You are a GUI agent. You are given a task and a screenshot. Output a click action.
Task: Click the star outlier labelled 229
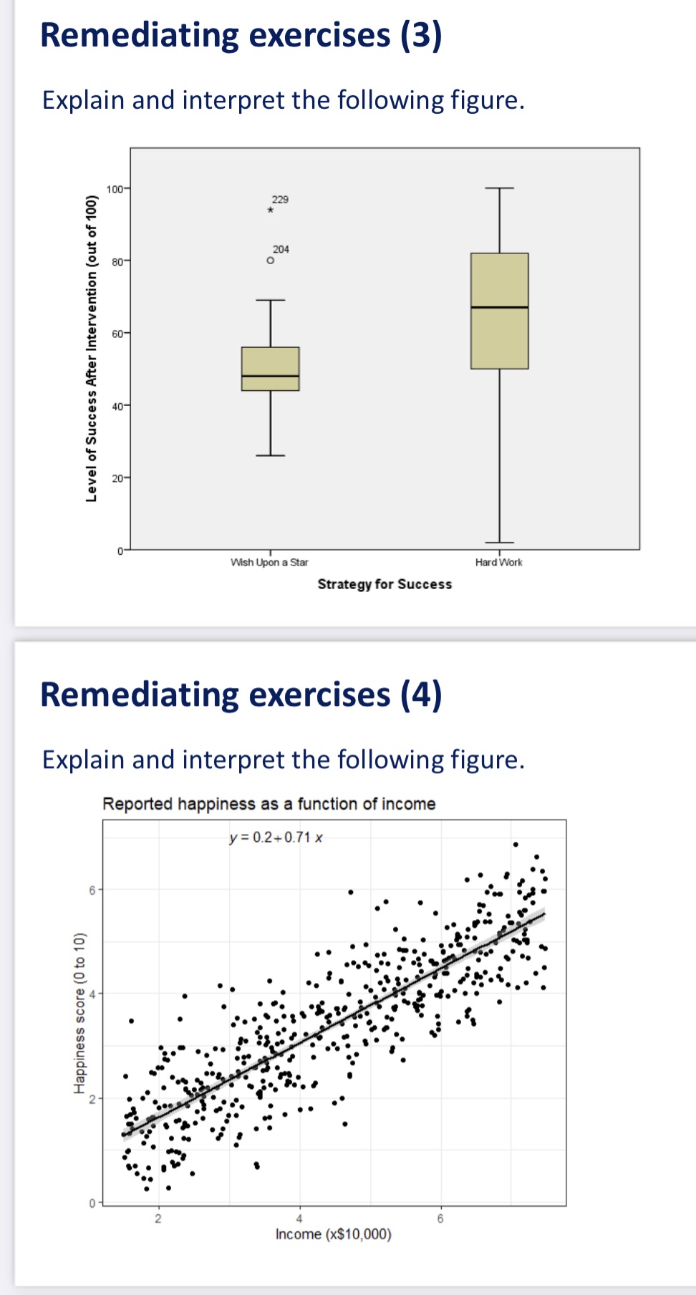tap(270, 210)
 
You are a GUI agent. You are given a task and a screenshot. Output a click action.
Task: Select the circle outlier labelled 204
tap(270, 261)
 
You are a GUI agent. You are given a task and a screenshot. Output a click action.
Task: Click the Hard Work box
tap(499, 336)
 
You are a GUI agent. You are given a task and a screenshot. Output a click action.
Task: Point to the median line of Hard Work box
tap(499, 307)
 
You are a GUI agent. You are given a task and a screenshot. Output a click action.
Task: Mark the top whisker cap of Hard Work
tap(499, 188)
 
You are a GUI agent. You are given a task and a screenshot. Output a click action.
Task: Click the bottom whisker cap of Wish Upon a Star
tap(270, 455)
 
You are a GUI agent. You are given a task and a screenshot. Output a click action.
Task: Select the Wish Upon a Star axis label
tap(269, 563)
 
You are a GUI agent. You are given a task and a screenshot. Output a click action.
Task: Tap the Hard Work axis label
tap(498, 563)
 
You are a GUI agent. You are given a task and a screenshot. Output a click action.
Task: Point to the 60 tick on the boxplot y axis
tap(117, 333)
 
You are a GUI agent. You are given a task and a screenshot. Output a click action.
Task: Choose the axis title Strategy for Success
tap(385, 584)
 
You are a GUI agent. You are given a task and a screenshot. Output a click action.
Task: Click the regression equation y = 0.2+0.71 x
tap(276, 838)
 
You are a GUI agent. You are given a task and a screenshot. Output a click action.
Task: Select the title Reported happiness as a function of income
tap(269, 804)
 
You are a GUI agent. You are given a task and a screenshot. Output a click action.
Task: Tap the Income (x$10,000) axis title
tap(333, 1234)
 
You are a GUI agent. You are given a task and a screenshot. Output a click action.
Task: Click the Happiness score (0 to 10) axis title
tap(79, 1013)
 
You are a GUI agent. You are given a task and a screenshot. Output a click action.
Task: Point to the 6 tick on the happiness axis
tap(92, 890)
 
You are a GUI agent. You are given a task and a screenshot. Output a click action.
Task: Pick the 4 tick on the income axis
tap(299, 1218)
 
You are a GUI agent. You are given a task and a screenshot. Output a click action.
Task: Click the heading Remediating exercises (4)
tap(241, 694)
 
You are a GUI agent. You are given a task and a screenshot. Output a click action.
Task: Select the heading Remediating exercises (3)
tap(241, 35)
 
